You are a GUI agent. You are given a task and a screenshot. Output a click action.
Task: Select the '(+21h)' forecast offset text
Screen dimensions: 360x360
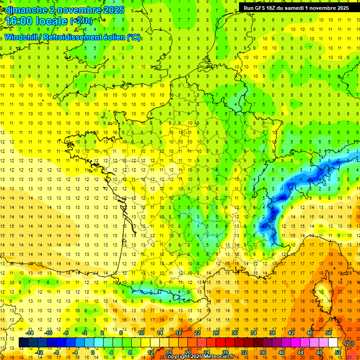81,21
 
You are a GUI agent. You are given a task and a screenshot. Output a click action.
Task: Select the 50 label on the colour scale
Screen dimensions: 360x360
328,333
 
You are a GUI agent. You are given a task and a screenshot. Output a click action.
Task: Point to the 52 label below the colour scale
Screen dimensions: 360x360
337,352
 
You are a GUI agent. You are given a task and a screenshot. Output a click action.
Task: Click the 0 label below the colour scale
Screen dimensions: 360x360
92,352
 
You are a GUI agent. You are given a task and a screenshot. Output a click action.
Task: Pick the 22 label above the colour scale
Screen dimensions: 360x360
197,333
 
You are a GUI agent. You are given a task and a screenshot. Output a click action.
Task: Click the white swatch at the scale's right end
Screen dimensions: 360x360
333,343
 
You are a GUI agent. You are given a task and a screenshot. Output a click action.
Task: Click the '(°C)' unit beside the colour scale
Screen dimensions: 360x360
349,343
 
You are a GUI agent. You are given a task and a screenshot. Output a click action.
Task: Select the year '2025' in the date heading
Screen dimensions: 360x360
113,10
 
